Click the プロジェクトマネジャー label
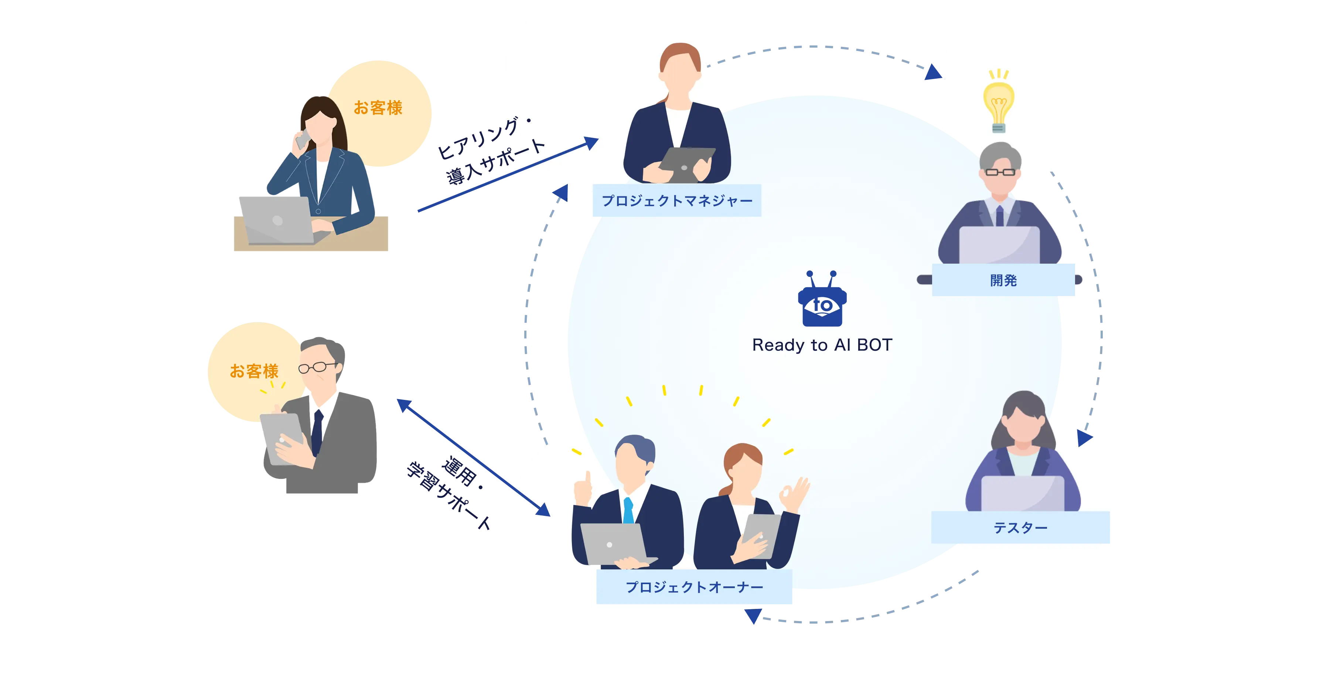676,200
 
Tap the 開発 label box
1003,280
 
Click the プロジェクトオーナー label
695,587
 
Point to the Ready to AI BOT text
822,344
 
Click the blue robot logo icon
822,302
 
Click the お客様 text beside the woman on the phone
378,108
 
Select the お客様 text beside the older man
254,371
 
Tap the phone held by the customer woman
303,138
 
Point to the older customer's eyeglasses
317,367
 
